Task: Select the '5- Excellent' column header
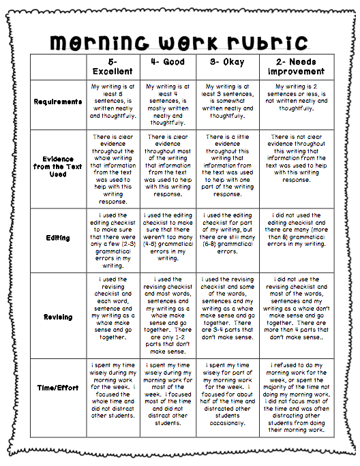click(x=112, y=65)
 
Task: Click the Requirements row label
click(x=59, y=102)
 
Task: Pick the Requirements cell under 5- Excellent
click(x=112, y=102)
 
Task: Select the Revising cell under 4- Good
click(x=168, y=313)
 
